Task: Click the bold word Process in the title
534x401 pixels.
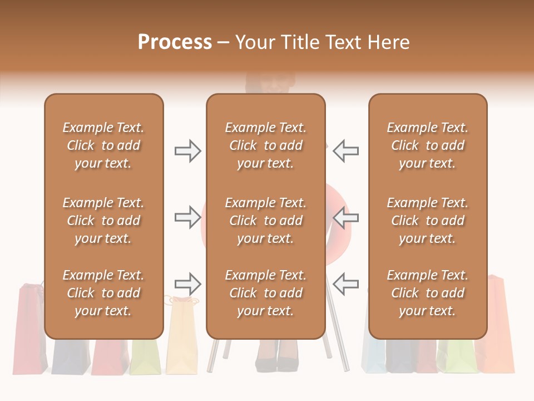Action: pos(175,42)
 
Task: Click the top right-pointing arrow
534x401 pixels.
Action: pos(188,151)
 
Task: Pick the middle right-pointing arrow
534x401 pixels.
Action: pos(188,217)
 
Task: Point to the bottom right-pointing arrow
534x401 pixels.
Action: pos(188,284)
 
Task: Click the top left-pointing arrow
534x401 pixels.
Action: pos(346,151)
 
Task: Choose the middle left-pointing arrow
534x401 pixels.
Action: pos(346,217)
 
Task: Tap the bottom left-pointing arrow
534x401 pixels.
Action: pos(346,284)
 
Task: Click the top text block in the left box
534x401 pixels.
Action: pos(103,145)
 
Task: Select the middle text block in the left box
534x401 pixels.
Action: pos(103,221)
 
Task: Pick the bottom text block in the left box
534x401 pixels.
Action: pos(103,293)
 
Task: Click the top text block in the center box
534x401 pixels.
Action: pos(265,145)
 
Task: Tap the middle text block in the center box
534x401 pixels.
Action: pos(265,221)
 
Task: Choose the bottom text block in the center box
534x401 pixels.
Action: pos(265,293)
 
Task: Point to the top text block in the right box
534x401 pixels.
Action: pos(427,145)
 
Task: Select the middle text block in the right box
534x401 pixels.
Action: pos(427,221)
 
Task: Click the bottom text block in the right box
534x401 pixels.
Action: pos(427,293)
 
